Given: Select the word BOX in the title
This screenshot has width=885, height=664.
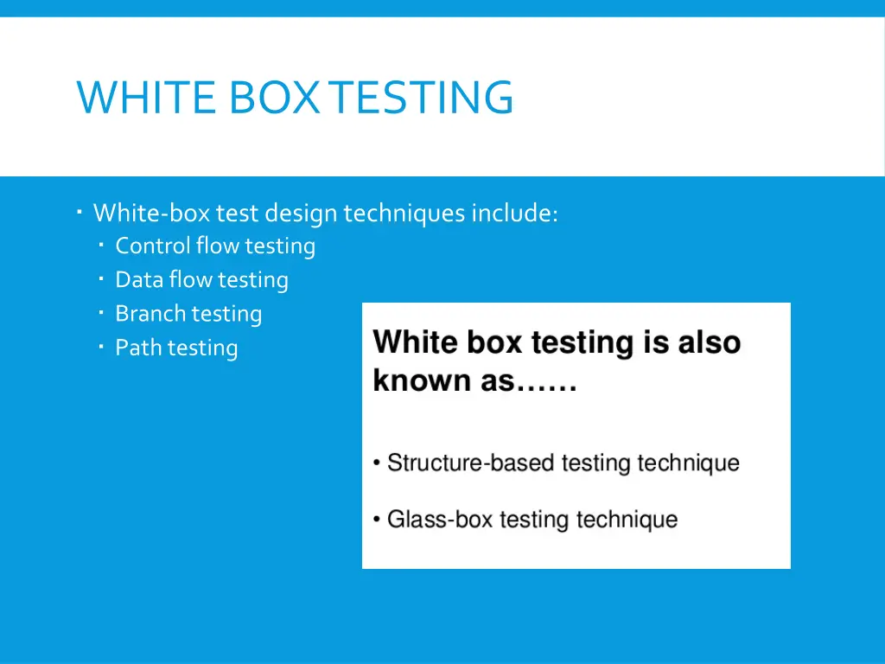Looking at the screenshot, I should (x=278, y=97).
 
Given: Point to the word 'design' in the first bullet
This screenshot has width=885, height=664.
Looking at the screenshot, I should (x=301, y=214).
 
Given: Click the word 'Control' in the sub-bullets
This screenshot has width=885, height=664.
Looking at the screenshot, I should (x=153, y=246).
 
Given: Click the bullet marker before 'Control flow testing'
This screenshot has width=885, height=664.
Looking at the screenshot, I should (x=101, y=246).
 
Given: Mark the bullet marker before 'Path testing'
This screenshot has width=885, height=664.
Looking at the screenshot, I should (x=101, y=347).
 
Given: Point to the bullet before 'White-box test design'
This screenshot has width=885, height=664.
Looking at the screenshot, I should (x=79, y=211).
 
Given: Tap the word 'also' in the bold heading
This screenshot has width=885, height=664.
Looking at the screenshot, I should (x=709, y=343).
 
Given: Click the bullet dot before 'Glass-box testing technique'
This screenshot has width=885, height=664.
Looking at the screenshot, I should (x=377, y=520).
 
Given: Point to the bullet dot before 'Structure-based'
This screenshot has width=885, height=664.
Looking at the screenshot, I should (x=377, y=463).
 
